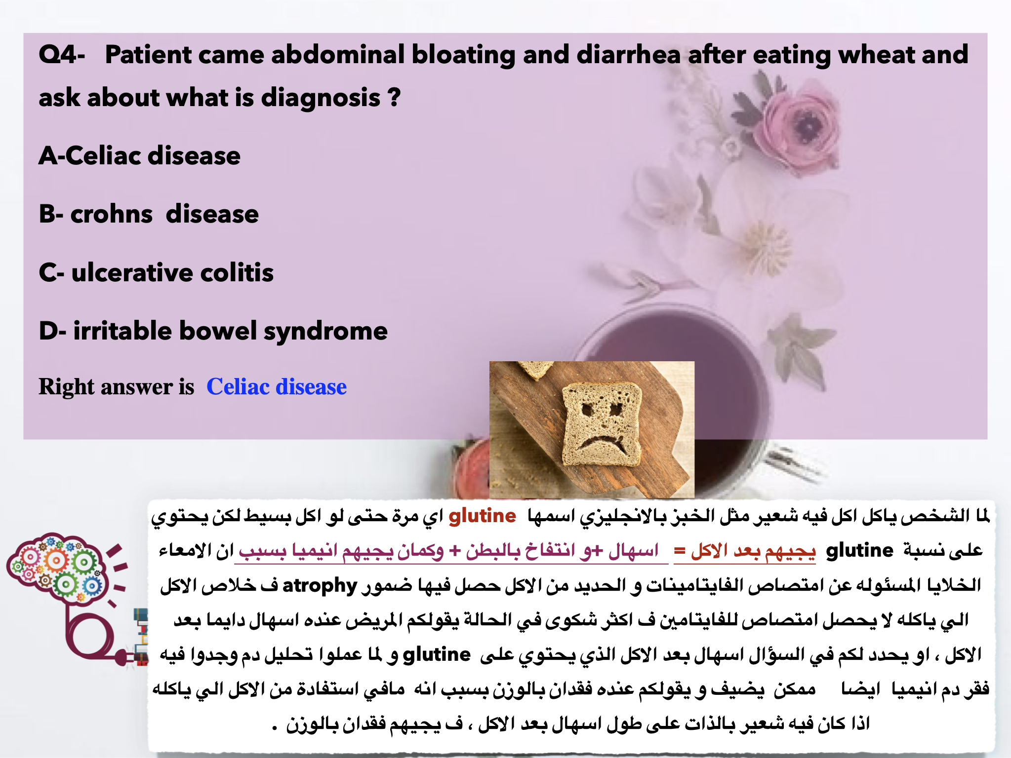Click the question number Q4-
tap(62, 54)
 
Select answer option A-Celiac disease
tap(139, 156)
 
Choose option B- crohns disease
tap(149, 214)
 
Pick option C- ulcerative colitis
tap(156, 272)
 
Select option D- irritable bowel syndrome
tap(213, 331)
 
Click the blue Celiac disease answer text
tap(277, 386)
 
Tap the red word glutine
tap(482, 516)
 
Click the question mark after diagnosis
tap(394, 97)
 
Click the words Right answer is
tap(117, 386)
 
